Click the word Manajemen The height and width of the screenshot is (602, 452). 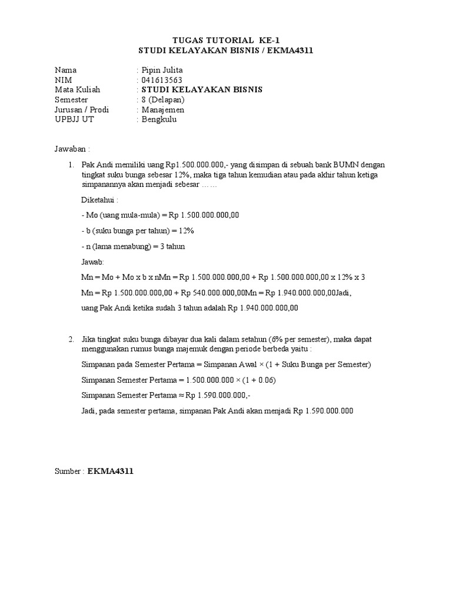(x=162, y=109)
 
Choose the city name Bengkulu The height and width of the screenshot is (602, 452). (x=159, y=119)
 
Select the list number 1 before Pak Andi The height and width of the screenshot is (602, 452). (x=70, y=165)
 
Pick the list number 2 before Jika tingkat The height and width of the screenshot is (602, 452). (x=70, y=339)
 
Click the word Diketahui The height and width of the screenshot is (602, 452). (x=99, y=200)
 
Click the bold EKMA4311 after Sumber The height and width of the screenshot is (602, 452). (x=111, y=471)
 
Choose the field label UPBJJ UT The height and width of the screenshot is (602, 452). (x=74, y=119)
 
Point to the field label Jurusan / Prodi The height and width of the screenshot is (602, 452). (x=81, y=109)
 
